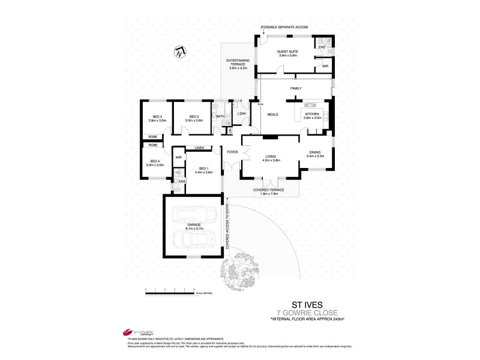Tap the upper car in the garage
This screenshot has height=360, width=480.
tap(189, 214)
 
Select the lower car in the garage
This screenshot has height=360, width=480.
tap(189, 240)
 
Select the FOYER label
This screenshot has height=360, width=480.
tap(232, 152)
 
